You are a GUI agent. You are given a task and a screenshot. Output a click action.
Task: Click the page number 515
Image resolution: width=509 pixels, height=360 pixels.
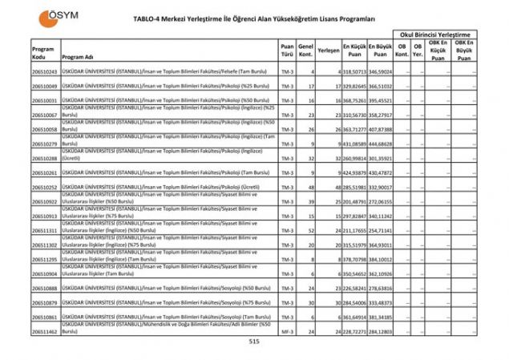pos(254,341)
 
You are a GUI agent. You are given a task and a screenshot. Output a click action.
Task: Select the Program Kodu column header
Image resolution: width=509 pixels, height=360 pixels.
pos(43,54)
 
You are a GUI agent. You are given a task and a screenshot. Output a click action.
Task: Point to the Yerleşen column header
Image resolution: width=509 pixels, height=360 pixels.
pos(329,50)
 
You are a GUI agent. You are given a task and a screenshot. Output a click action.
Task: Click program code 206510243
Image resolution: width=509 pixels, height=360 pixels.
pos(44,71)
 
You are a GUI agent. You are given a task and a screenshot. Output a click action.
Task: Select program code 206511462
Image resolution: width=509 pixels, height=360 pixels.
pos(44,331)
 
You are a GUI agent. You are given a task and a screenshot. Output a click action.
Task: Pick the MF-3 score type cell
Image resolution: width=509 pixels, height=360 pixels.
pos(287,331)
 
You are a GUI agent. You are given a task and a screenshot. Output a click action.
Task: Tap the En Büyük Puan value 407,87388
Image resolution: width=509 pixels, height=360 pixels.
pos(380,129)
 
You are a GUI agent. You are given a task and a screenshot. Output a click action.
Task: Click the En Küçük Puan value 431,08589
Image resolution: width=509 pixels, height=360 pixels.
pos(354,144)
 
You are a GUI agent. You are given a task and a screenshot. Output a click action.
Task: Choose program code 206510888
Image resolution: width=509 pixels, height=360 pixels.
pos(44,288)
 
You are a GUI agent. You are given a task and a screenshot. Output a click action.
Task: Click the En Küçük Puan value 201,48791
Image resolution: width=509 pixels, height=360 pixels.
pos(354,201)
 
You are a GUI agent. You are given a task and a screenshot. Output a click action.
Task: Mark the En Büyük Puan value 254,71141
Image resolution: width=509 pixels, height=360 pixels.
pos(380,230)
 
